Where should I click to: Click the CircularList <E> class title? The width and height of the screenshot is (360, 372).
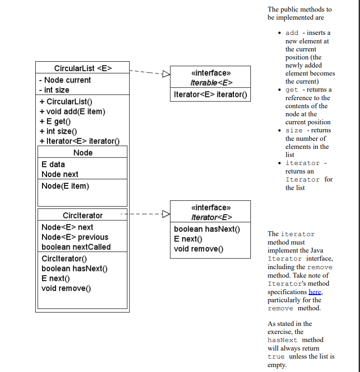(x=83, y=68)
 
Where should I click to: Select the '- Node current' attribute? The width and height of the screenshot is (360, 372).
(x=65, y=80)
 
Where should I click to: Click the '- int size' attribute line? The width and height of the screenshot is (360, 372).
(x=54, y=90)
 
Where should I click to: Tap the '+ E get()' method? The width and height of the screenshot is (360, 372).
(x=56, y=121)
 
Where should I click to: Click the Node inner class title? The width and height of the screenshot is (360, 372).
(x=83, y=152)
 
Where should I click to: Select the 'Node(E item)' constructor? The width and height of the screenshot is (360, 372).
(x=65, y=186)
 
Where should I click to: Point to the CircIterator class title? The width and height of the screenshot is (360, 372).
(x=83, y=216)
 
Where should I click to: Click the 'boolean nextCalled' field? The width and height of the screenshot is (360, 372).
(x=76, y=247)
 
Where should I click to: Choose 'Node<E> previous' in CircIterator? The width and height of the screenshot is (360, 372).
(x=75, y=237)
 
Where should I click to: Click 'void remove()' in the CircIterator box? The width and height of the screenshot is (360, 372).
(x=66, y=288)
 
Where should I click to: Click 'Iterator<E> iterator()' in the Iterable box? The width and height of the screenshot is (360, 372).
(x=210, y=95)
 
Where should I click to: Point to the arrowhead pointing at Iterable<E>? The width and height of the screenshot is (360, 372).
(x=166, y=74)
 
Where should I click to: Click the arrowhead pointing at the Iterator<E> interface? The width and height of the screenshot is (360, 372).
(x=166, y=214)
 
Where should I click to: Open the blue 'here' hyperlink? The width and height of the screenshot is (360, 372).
(x=315, y=292)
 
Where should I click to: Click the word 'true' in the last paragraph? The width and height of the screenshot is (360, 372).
(x=276, y=357)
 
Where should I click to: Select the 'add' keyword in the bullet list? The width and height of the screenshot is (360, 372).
(x=292, y=33)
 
